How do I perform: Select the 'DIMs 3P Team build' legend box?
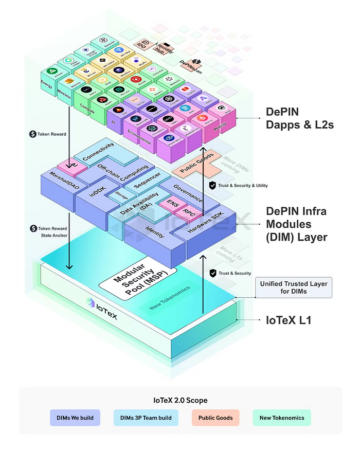click(x=146, y=418)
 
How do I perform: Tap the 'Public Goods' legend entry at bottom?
click(x=215, y=418)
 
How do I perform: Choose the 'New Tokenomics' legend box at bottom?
click(x=282, y=418)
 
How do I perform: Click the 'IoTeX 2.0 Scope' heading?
click(x=179, y=400)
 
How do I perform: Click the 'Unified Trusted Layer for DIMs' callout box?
click(x=294, y=288)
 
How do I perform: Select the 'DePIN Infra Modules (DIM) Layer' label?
click(x=296, y=224)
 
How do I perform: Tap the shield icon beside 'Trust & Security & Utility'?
click(x=212, y=185)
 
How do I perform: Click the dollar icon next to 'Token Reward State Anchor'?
click(x=34, y=228)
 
